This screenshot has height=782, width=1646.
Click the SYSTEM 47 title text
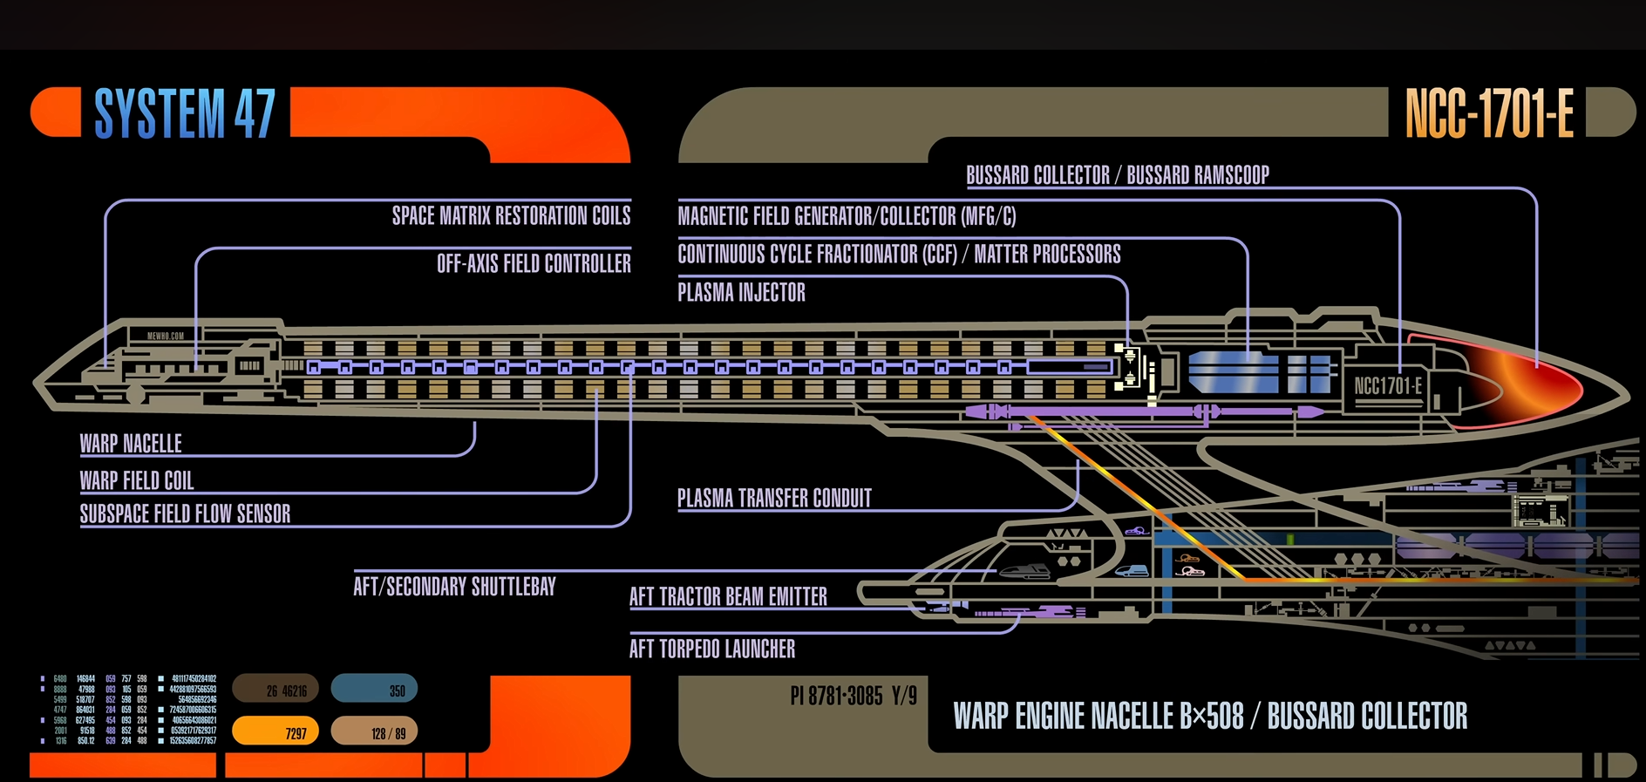[185, 113]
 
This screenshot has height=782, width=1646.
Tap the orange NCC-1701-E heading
[1489, 113]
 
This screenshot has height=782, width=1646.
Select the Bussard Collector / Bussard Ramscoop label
[1118, 175]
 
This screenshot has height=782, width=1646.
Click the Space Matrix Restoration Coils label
[511, 215]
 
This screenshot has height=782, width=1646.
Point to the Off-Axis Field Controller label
[534, 263]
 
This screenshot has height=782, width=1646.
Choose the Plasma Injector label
[741, 292]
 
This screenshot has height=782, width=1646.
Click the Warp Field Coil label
[137, 480]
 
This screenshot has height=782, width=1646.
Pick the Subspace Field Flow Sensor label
[185, 513]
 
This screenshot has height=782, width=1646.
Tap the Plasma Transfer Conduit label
[774, 498]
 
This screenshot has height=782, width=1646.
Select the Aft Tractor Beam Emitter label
[728, 596]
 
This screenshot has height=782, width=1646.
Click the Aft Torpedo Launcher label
[712, 649]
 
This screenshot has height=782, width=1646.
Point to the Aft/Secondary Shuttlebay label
[454, 586]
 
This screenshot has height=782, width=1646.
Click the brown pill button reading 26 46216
[275, 689]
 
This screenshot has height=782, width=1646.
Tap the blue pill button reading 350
[374, 689]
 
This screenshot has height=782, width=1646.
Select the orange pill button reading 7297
[275, 731]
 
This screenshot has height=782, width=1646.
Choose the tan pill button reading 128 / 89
[374, 731]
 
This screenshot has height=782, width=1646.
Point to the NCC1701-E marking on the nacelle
[1387, 386]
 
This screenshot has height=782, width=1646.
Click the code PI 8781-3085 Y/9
[854, 696]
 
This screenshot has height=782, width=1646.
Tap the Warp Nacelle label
[131, 444]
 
